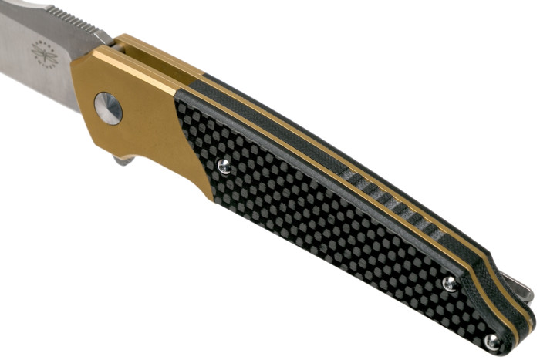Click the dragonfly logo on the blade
coord(43,53)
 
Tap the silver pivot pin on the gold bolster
coord(108,108)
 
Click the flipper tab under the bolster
coord(123,160)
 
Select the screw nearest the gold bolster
coord(224,165)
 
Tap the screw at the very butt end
coord(491,341)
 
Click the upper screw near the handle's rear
coord(450,284)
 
